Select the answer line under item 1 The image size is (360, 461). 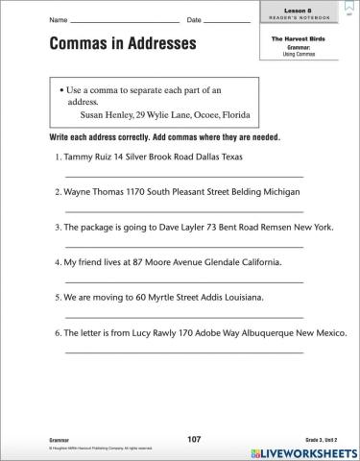pos(184,175)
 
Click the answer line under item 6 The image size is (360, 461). pos(184,352)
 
